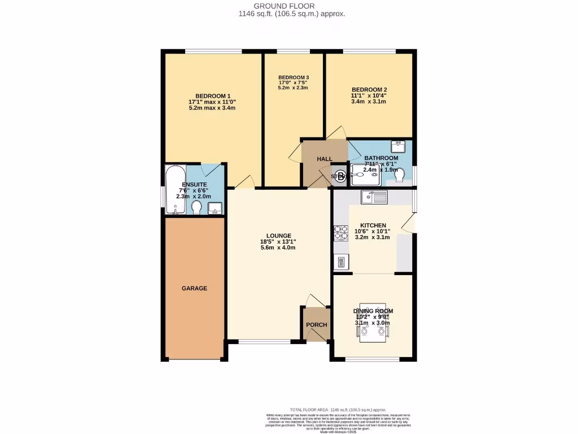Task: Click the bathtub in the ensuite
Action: (x=174, y=190)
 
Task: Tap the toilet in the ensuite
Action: (x=196, y=209)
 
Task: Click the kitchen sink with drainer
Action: (x=374, y=197)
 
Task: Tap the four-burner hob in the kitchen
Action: (x=341, y=232)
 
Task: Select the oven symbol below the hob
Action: (x=341, y=261)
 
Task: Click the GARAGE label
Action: (x=194, y=288)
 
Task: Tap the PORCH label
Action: (x=316, y=325)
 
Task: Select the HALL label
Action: (x=325, y=159)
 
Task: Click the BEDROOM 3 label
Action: (x=294, y=77)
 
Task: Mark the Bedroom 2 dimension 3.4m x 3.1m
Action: (x=369, y=102)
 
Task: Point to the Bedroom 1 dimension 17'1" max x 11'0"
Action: (x=212, y=102)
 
